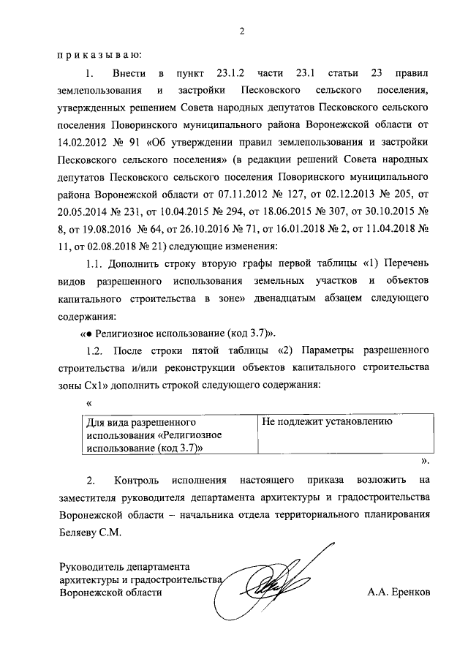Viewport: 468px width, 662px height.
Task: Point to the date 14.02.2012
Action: coord(82,140)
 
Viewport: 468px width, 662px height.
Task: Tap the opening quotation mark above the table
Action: coord(88,403)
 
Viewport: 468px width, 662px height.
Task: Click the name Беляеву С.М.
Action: coord(88,533)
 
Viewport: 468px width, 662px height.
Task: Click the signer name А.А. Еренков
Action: coord(400,593)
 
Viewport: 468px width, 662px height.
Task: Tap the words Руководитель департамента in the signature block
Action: coord(125,566)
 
